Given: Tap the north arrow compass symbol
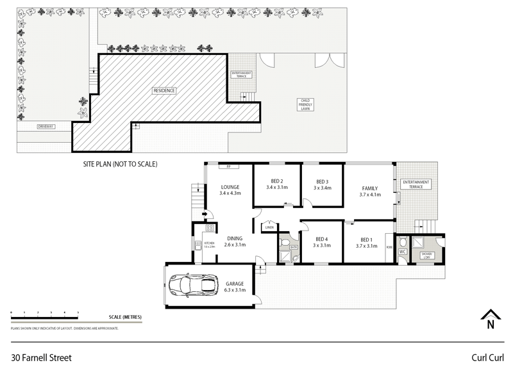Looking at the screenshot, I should (x=491, y=318).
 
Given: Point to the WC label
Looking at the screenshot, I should (x=403, y=252).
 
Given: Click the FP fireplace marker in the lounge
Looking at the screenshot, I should (x=228, y=167).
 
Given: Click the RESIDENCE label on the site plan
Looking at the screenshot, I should (x=164, y=90).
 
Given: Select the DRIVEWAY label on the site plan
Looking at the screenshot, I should (x=46, y=127).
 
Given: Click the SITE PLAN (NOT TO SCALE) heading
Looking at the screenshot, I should (x=120, y=164).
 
